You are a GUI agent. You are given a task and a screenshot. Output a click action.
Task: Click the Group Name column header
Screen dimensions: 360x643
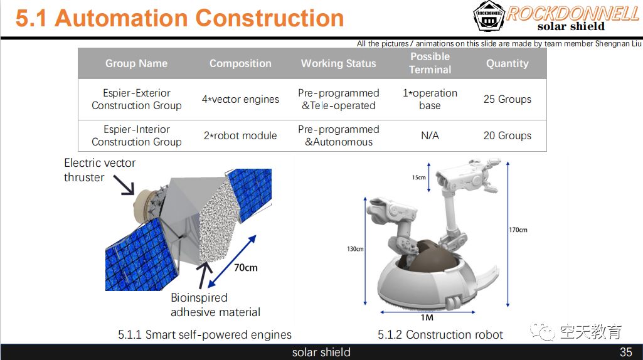pyautogui.click(x=136, y=63)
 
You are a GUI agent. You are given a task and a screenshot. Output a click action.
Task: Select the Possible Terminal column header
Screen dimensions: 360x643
pyautogui.click(x=430, y=63)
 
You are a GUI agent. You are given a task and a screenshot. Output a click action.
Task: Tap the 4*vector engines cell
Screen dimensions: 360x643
pyautogui.click(x=240, y=99)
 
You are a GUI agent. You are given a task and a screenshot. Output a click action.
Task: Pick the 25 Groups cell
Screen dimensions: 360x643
pyautogui.click(x=507, y=99)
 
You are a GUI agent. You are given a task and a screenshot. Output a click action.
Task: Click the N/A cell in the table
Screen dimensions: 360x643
pyautogui.click(x=430, y=135)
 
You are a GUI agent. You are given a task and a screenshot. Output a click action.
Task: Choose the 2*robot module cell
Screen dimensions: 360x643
pyautogui.click(x=240, y=135)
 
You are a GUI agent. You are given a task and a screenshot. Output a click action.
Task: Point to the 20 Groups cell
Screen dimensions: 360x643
pyautogui.click(x=507, y=135)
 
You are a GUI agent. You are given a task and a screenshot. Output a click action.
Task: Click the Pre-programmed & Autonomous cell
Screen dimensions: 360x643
pyautogui.click(x=338, y=135)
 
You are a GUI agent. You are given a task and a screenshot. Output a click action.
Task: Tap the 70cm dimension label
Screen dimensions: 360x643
pyautogui.click(x=245, y=268)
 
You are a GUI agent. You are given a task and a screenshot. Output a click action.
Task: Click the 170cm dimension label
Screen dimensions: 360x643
pyautogui.click(x=518, y=230)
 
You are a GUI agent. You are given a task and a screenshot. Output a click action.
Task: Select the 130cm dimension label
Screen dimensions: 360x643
pyautogui.click(x=355, y=249)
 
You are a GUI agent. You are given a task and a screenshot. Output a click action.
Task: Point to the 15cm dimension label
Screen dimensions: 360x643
pyautogui.click(x=418, y=177)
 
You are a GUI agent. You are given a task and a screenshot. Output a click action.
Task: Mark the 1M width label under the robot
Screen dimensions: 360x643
pyautogui.click(x=427, y=317)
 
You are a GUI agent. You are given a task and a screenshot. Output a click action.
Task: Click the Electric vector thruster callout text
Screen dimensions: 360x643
pyautogui.click(x=100, y=170)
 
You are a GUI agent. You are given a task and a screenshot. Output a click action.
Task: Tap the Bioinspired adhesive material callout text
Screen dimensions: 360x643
pyautogui.click(x=215, y=304)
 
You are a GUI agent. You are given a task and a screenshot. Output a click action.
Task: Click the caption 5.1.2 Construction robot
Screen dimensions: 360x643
pyautogui.click(x=440, y=335)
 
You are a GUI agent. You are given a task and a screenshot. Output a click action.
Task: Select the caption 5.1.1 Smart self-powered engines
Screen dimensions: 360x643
pyautogui.click(x=205, y=335)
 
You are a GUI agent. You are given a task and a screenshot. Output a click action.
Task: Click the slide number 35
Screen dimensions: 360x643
pyautogui.click(x=625, y=352)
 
